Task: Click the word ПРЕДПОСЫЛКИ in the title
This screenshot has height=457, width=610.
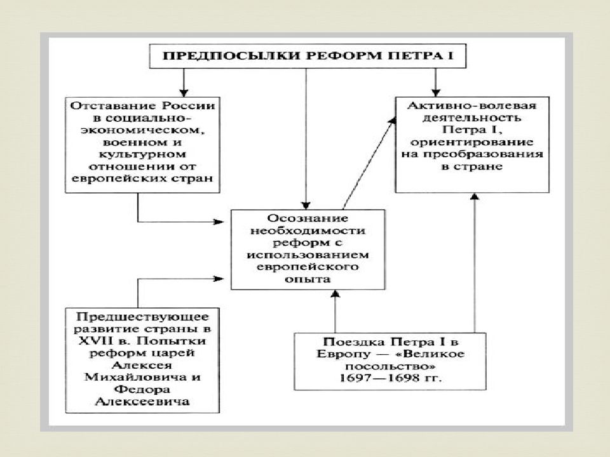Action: click(231, 56)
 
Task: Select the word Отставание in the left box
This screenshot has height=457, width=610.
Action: click(113, 106)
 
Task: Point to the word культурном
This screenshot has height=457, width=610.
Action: click(142, 154)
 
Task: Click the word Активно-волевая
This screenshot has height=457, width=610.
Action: click(472, 105)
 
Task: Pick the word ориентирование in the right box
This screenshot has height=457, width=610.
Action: click(472, 142)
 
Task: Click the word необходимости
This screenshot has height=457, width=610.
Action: click(308, 230)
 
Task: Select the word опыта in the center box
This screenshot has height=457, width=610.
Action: click(308, 279)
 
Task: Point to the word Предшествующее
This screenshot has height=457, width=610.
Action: click(142, 316)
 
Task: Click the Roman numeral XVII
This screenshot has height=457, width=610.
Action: click(93, 341)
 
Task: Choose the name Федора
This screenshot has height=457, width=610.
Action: click(142, 389)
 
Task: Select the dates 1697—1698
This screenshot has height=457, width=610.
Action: click(379, 378)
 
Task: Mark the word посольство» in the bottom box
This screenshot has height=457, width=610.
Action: click(390, 366)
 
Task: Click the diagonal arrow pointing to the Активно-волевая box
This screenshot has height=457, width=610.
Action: click(369, 163)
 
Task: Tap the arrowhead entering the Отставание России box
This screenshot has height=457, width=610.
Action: click(184, 93)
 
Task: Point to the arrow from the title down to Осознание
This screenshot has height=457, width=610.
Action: click(306, 139)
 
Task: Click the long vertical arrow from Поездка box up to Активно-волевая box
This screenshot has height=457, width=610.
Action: click(474, 263)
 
